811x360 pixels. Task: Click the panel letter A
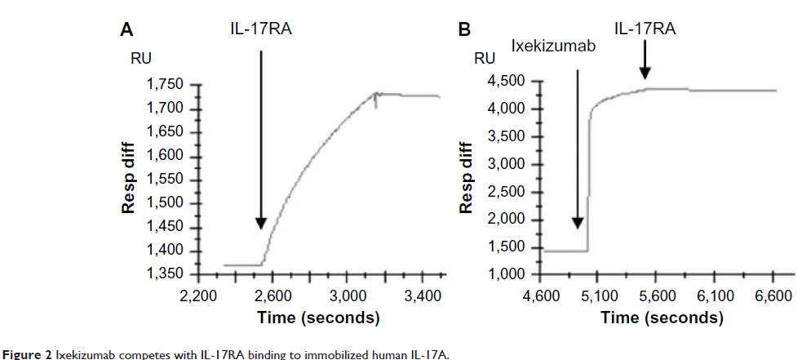point(126,30)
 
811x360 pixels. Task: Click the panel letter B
point(464,30)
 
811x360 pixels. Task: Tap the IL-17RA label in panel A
point(260,30)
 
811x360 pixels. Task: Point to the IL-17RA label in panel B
point(645,29)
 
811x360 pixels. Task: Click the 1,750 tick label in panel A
point(166,85)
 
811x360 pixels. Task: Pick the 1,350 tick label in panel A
point(166,274)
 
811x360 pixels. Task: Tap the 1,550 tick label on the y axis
point(166,180)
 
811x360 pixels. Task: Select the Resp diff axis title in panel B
point(467,178)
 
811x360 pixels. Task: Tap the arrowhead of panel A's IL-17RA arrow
point(260,224)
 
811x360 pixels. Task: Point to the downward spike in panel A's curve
point(376,103)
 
